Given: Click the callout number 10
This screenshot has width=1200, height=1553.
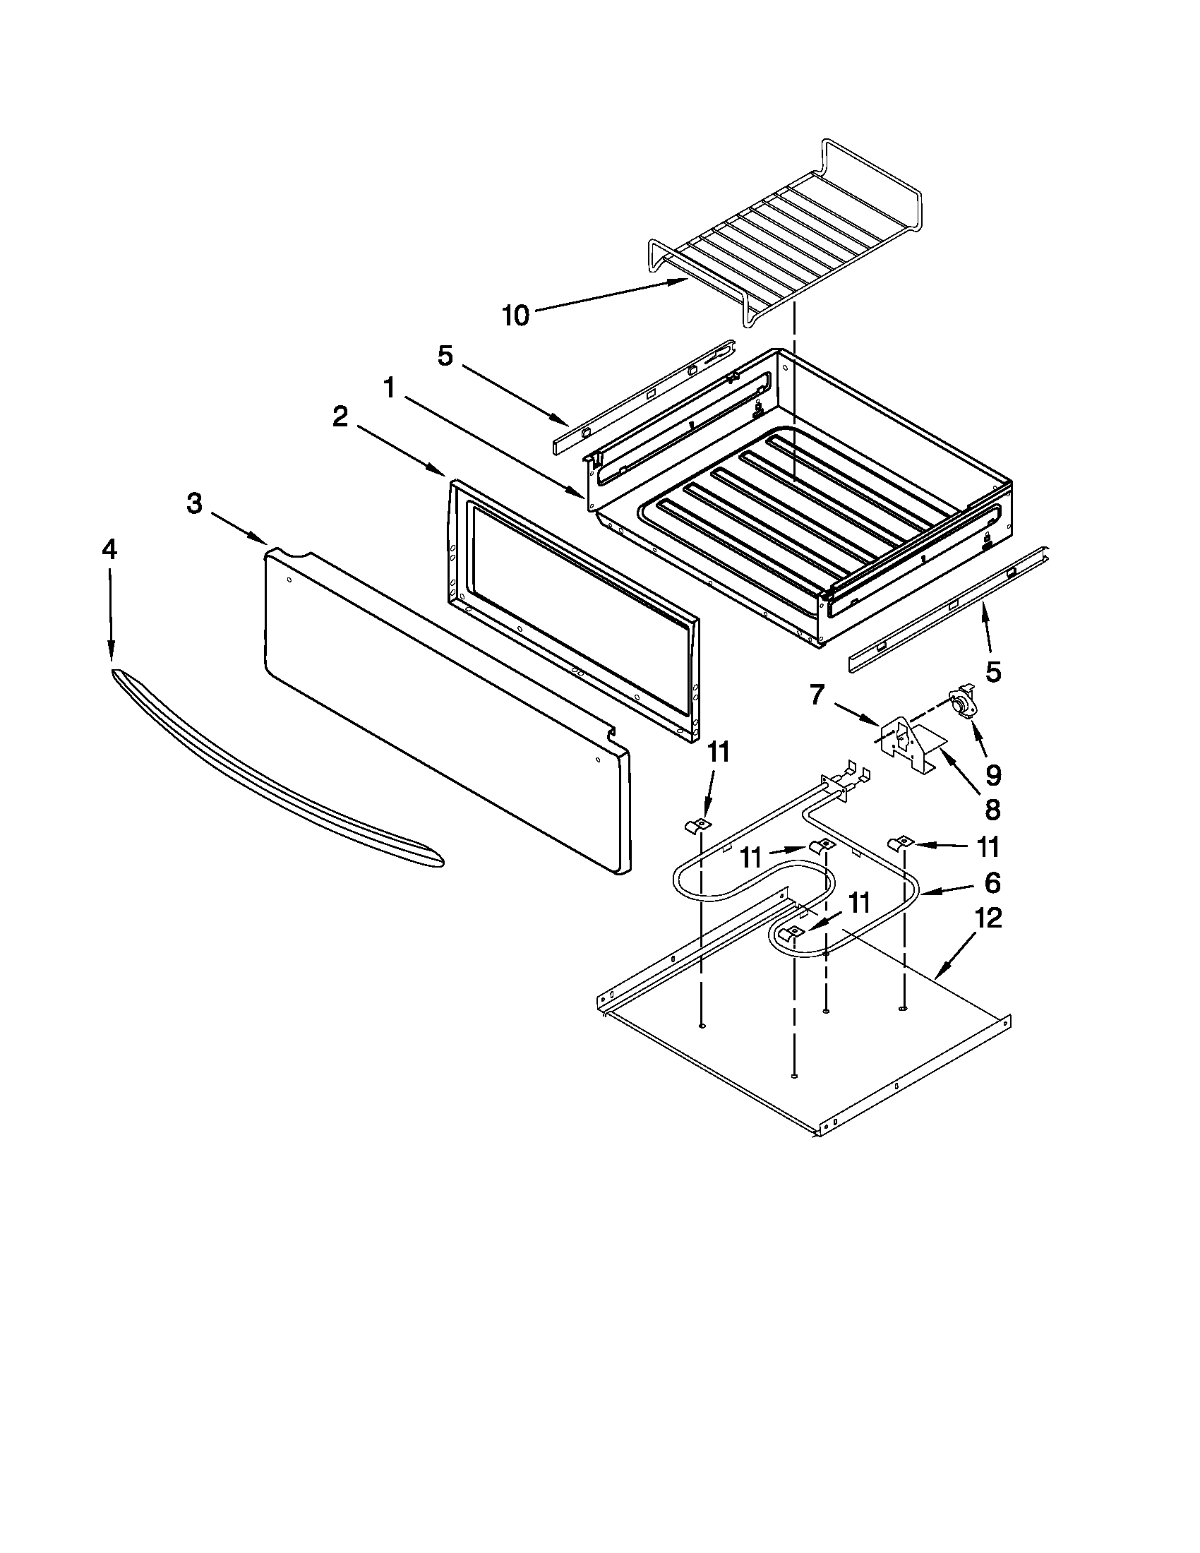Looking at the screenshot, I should pyautogui.click(x=516, y=316).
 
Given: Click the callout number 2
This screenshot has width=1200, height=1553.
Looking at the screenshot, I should pyautogui.click(x=340, y=417).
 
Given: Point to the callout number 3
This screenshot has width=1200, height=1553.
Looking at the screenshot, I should pyautogui.click(x=194, y=504).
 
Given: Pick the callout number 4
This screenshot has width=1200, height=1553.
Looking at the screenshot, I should pyautogui.click(x=109, y=550).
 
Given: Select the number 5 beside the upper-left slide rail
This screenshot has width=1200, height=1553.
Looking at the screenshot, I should pyautogui.click(x=445, y=356).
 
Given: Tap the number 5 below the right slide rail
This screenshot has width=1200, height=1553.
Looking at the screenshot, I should pyautogui.click(x=992, y=671).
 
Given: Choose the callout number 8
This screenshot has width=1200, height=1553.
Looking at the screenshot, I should pyautogui.click(x=992, y=810).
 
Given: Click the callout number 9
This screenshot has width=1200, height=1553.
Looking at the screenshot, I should pyautogui.click(x=992, y=775).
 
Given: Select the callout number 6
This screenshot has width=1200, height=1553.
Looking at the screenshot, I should pyautogui.click(x=992, y=882).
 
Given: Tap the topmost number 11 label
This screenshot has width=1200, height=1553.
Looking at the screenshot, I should pyautogui.click(x=719, y=753).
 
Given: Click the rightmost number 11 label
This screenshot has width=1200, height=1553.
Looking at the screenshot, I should pyautogui.click(x=987, y=847).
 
